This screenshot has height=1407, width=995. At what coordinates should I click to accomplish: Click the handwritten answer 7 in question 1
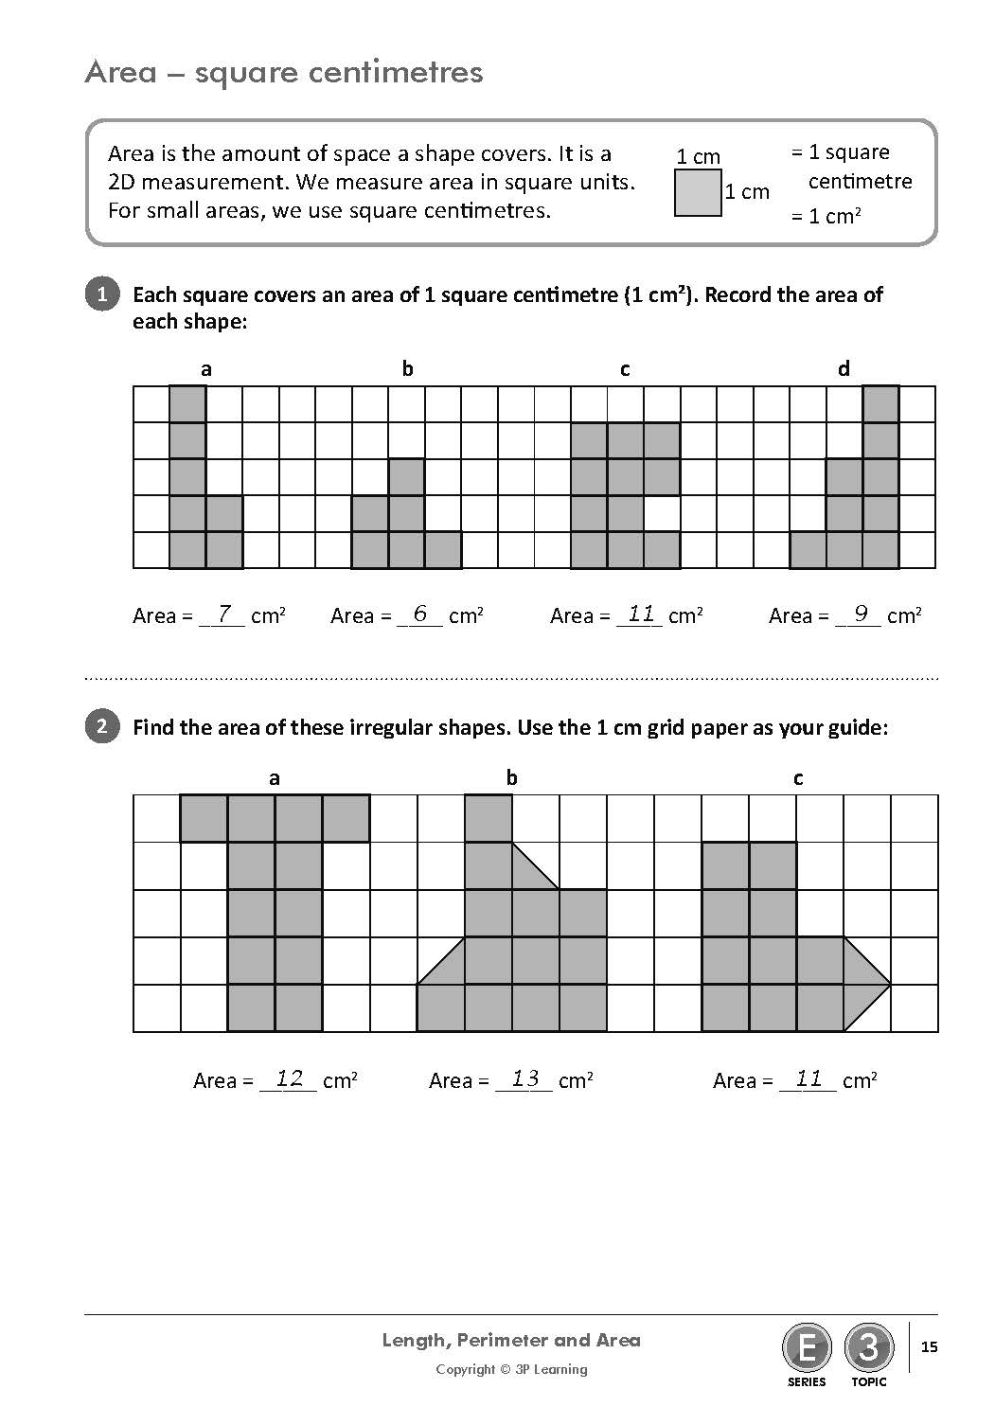[x=224, y=614]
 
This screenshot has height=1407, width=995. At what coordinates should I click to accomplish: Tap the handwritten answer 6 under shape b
[x=420, y=614]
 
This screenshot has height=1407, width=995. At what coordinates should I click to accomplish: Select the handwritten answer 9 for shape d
[x=861, y=614]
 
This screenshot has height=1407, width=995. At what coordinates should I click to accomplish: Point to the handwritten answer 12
[x=289, y=1078]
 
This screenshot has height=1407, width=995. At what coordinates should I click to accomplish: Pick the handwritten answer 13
[x=524, y=1078]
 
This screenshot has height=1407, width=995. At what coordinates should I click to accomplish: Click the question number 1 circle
[x=102, y=294]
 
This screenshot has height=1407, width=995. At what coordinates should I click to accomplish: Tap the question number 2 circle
[x=102, y=727]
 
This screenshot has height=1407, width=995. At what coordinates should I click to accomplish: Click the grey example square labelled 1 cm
[x=698, y=192]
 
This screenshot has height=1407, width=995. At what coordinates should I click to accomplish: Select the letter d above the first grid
[x=844, y=369]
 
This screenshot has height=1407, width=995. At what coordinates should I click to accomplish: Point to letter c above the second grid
[x=798, y=778]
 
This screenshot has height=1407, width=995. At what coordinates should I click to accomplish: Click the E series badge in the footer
[x=807, y=1346]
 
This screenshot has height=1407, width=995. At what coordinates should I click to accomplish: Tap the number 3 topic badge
[x=868, y=1346]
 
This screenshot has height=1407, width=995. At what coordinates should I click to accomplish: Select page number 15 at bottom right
[x=930, y=1346]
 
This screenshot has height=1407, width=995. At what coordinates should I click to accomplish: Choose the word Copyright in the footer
[x=465, y=1369]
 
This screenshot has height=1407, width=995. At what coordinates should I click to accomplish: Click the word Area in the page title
[x=120, y=72]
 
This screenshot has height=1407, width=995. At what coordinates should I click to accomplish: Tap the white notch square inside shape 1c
[x=662, y=513]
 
